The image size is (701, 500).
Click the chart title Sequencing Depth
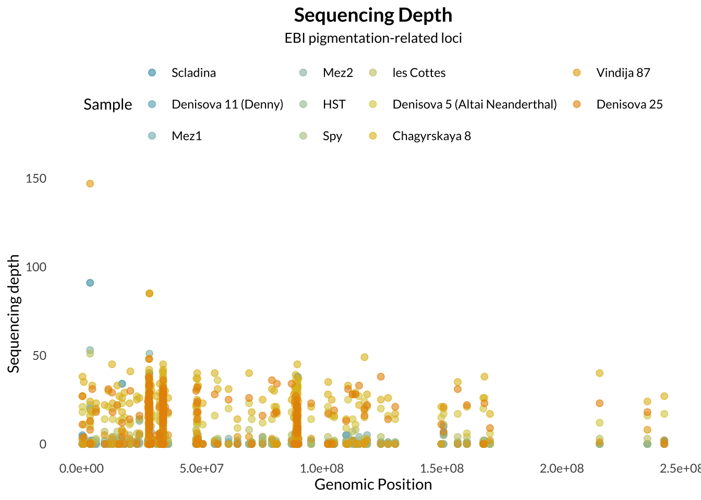tap(373, 16)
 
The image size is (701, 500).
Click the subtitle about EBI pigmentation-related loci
tap(373, 39)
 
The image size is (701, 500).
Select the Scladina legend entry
tap(194, 73)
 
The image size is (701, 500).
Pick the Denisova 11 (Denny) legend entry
tap(227, 105)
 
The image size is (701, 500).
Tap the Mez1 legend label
tap(186, 136)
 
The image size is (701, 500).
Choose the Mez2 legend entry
tap(337, 73)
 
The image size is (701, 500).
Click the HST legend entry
tap(334, 105)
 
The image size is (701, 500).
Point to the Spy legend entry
tap(332, 136)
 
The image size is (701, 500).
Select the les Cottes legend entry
tap(419, 73)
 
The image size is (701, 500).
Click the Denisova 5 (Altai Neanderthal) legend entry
tap(474, 105)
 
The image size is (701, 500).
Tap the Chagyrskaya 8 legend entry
tap(431, 136)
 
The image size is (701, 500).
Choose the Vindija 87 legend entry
tap(623, 73)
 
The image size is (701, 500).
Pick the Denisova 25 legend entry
tap(629, 105)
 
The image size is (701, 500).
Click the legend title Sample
tap(108, 105)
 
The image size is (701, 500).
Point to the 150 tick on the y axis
tap(36, 179)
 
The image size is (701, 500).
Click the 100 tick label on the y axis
tap(36, 267)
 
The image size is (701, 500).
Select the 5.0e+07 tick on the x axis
tap(201, 468)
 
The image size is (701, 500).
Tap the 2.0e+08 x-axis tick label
tap(562, 468)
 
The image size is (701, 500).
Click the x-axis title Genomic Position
tap(373, 485)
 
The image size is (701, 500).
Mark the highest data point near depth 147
tap(90, 184)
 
